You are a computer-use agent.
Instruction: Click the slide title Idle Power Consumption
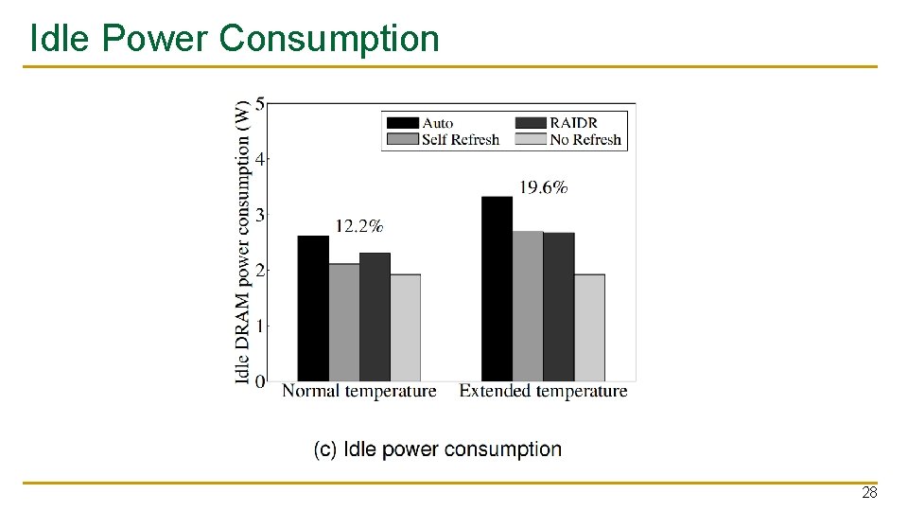[235, 39]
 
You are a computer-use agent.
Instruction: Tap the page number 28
[868, 493]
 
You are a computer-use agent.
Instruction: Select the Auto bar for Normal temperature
[313, 308]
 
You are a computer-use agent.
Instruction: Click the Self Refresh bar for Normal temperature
[344, 323]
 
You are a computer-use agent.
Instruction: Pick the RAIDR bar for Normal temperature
[375, 317]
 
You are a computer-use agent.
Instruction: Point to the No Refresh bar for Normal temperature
[405, 327]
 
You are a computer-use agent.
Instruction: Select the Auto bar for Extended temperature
[497, 289]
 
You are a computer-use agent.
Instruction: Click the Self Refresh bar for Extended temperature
[528, 306]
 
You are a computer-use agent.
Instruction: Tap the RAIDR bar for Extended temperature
[558, 307]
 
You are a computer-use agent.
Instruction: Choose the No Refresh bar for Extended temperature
[589, 327]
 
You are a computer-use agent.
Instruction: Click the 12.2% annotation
[359, 226]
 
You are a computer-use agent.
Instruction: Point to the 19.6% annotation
[543, 187]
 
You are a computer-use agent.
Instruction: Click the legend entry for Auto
[421, 123]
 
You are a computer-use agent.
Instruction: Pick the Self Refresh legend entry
[443, 139]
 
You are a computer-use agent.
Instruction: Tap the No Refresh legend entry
[568, 139]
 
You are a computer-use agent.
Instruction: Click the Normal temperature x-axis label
[359, 391]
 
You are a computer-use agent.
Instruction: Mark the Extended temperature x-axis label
[543, 391]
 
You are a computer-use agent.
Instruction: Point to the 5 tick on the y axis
[260, 103]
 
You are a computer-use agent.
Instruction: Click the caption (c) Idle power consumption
[438, 449]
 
